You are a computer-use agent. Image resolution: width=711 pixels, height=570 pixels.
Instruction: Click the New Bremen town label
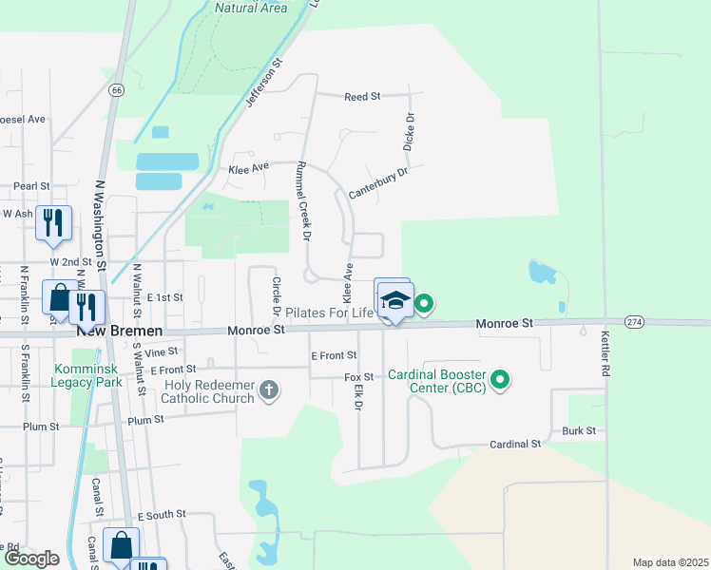(x=119, y=331)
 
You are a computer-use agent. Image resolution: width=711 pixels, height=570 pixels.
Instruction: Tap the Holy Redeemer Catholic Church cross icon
(x=269, y=390)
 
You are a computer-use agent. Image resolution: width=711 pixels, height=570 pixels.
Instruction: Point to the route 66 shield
(x=116, y=90)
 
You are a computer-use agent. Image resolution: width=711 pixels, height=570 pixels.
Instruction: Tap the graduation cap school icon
(x=394, y=302)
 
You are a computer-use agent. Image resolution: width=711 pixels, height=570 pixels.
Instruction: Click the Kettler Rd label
(x=605, y=352)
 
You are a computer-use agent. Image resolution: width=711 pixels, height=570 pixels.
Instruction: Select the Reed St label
(x=362, y=97)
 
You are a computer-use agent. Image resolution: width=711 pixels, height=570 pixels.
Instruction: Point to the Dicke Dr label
(x=411, y=132)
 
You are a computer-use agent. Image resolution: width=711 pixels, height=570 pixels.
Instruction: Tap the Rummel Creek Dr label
(x=305, y=200)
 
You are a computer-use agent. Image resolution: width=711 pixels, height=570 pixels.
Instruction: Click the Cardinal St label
(x=514, y=444)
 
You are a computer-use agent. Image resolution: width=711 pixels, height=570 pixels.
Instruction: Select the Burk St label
(x=578, y=430)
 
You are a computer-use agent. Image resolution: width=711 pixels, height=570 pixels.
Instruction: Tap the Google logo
(x=30, y=559)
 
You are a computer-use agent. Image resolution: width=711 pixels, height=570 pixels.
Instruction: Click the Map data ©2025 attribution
(x=670, y=562)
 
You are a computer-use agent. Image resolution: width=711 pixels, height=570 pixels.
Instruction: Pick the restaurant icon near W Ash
(x=51, y=223)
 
